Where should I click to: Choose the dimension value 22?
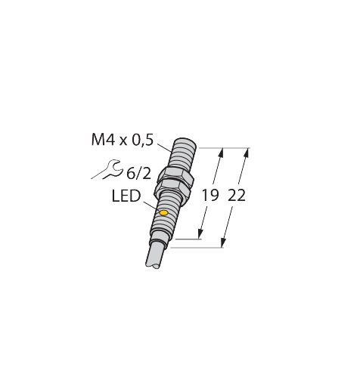236,196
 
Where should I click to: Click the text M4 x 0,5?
122,139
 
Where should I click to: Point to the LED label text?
126,196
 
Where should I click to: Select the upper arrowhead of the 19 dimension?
221,151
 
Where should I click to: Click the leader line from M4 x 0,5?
165,145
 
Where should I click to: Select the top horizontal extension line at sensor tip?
219,146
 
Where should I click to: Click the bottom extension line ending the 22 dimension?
197,247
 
